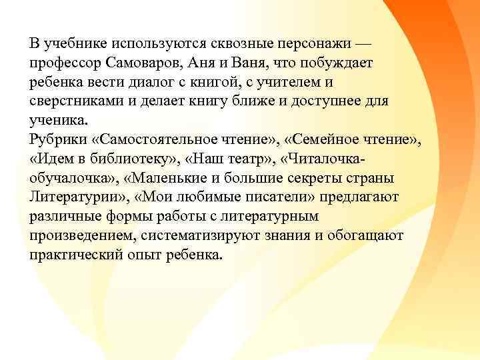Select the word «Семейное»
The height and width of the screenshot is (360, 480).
[x=319, y=140]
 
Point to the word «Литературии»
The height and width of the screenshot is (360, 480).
[x=73, y=198]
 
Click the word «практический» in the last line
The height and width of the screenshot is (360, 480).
[x=71, y=256]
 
